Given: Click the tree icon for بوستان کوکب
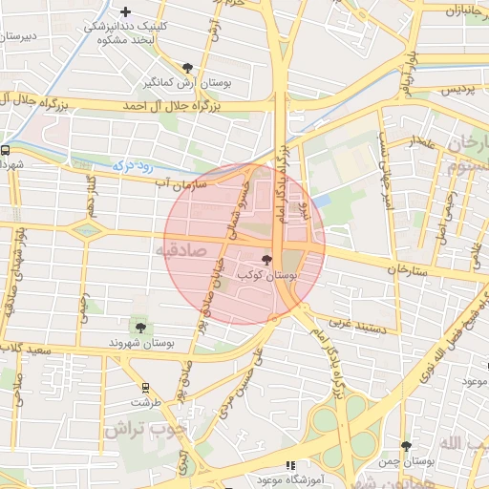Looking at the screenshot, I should (266, 260).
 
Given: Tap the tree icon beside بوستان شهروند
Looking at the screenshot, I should (141, 328).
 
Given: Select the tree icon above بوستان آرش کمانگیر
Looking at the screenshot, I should (187, 68).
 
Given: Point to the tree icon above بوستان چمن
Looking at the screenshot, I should (406, 446).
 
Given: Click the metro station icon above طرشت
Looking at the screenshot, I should (145, 388).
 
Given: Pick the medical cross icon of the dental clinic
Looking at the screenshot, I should (125, 11).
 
